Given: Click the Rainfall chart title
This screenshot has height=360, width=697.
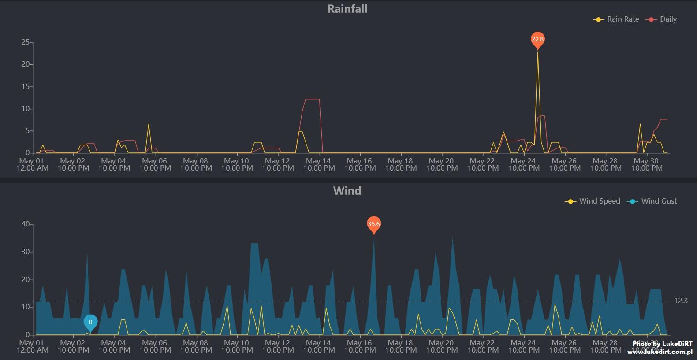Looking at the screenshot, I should [x=347, y=9].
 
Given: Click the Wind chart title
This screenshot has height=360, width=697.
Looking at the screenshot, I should [x=347, y=191].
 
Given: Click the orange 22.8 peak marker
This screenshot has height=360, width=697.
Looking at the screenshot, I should [x=537, y=39].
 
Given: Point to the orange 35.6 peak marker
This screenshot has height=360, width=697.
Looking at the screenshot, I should [x=374, y=224].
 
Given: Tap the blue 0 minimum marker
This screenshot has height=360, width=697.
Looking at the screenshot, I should [x=90, y=322].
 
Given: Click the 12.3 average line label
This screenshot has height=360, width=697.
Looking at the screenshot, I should [x=681, y=301].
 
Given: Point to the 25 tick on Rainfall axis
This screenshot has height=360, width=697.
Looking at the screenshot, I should [x=25, y=42].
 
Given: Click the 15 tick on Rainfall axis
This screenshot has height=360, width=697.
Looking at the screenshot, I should [x=25, y=87].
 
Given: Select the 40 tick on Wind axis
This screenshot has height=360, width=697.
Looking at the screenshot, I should [x=25, y=224].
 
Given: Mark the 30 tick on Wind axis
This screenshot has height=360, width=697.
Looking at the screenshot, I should [x=25, y=252].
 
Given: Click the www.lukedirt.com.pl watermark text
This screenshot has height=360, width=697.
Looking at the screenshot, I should [x=660, y=352].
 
